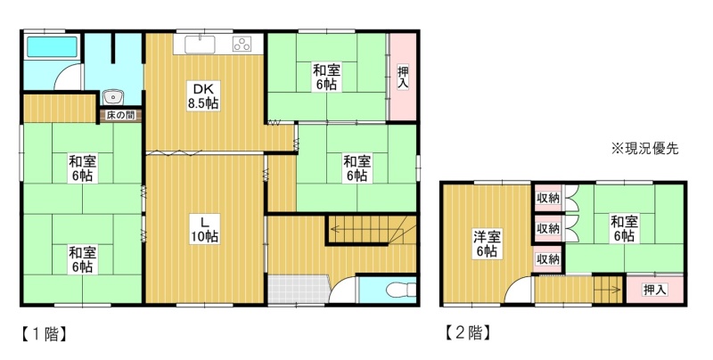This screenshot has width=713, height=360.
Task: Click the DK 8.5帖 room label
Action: (204, 95)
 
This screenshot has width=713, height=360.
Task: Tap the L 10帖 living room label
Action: (205, 229)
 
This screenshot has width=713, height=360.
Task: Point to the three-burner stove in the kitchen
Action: (242, 44)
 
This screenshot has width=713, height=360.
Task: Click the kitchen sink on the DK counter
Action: (200, 45)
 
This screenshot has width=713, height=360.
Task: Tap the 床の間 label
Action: (120, 116)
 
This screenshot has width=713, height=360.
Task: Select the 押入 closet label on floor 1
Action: (403, 78)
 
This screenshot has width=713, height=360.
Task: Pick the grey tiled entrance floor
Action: (298, 289)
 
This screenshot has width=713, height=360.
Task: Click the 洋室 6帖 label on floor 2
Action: (487, 244)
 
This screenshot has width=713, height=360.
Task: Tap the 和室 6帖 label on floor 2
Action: (625, 229)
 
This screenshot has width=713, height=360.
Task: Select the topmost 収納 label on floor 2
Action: (548, 198)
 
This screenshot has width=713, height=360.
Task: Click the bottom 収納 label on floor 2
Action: (548, 259)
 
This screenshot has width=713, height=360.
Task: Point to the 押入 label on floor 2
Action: (655, 290)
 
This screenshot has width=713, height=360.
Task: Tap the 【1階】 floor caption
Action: (44, 334)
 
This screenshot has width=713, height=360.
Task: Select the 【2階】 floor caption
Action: (467, 333)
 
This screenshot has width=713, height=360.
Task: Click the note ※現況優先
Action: (645, 149)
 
